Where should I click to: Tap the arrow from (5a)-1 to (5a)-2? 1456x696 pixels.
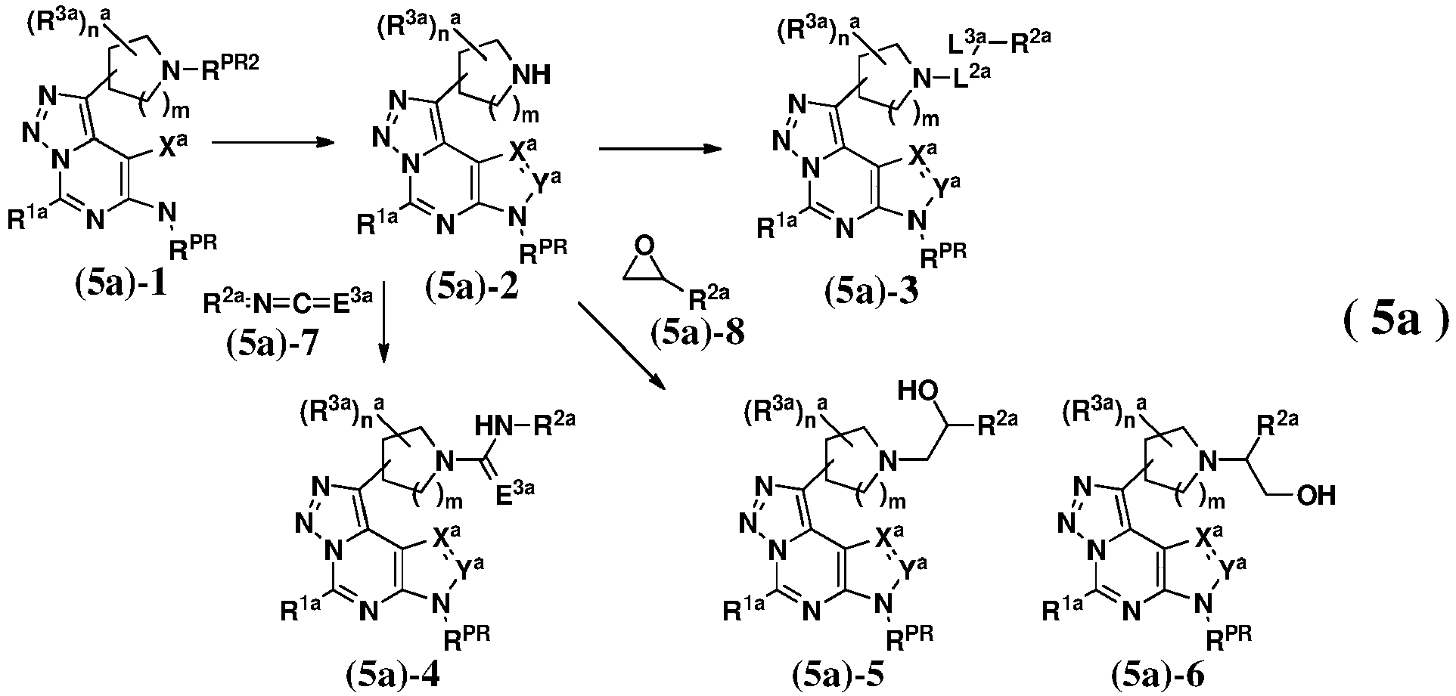[273, 141]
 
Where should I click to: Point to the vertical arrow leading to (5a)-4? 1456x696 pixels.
[383, 322]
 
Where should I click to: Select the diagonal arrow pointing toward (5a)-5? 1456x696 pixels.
[621, 347]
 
